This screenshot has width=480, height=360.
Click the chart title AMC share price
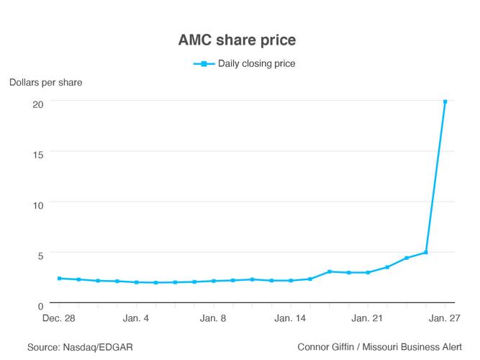pos(240,40)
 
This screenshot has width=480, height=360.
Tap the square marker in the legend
pos(204,64)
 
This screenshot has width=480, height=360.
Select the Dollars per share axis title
pos(45,82)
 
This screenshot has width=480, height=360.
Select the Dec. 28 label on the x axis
pos(59,318)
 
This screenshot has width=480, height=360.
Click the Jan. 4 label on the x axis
pos(136,318)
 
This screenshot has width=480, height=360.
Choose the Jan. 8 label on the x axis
pos(213,318)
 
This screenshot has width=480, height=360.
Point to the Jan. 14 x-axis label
pos(291,318)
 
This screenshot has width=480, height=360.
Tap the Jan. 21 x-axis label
pos(368,318)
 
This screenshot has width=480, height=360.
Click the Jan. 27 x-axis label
pos(445,318)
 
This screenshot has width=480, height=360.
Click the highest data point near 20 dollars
pos(445,102)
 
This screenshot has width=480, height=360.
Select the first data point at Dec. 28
pos(59,279)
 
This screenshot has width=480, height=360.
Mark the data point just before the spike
pos(426,253)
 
